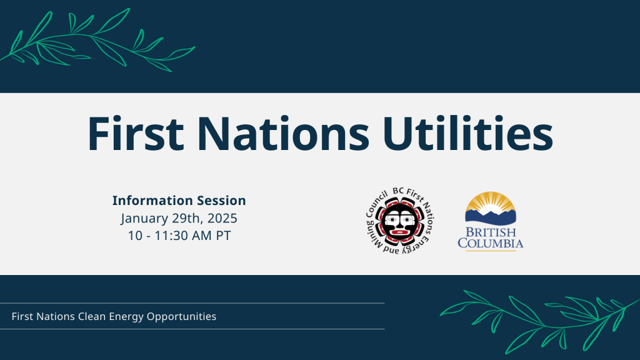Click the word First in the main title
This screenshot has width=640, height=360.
136,134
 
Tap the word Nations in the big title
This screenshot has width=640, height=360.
283,134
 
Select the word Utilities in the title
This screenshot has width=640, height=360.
467,134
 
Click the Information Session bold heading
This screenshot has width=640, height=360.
179,201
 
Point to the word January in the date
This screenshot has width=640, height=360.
144,218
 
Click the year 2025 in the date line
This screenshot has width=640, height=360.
222,218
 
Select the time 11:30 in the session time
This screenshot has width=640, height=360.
172,236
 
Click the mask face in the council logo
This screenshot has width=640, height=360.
400,221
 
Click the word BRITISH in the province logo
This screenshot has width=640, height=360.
491,232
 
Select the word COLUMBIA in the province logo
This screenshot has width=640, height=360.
490,243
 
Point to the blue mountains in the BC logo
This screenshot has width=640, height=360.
491,216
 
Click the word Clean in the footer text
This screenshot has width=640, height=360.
92,316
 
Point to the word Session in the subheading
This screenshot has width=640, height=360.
222,201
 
